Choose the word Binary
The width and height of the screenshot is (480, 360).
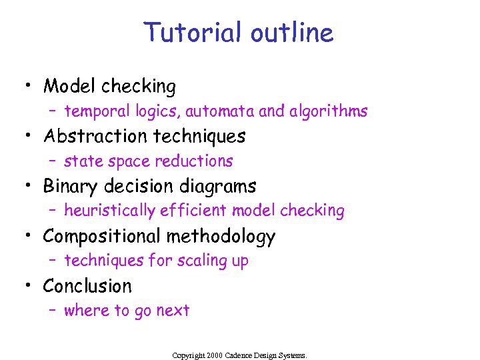(71, 186)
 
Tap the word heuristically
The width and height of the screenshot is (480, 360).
(109, 211)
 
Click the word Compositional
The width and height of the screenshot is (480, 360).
(102, 236)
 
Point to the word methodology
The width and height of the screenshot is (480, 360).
(221, 236)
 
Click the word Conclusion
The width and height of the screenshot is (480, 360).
(87, 286)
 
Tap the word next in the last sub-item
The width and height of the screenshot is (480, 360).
(173, 311)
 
